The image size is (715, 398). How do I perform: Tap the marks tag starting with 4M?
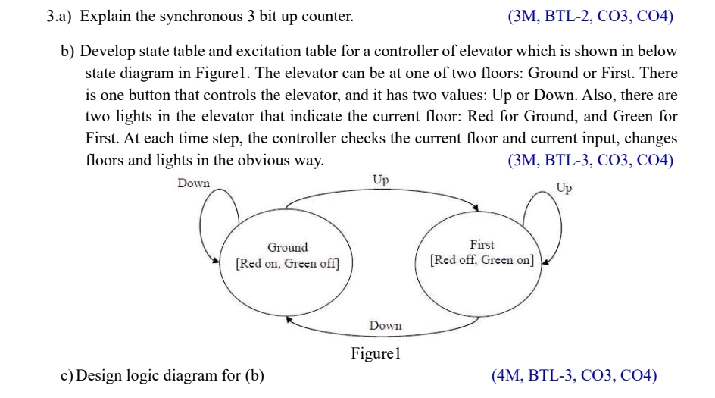[574, 375]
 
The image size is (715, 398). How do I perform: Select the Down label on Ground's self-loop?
[193, 183]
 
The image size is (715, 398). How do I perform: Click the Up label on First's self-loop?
[564, 187]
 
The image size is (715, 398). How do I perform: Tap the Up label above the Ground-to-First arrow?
[380, 180]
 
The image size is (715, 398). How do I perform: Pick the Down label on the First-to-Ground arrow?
[386, 325]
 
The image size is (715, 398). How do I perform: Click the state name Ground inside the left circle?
[288, 247]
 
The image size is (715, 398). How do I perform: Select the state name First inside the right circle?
[482, 244]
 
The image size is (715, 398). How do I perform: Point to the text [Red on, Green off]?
[288, 264]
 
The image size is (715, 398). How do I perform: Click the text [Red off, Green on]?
[482, 261]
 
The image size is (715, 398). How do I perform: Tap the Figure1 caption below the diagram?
[375, 353]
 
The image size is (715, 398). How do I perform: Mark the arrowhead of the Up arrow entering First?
[475, 207]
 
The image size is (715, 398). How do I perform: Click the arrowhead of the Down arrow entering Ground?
[289, 320]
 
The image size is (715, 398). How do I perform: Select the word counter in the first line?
[328, 16]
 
